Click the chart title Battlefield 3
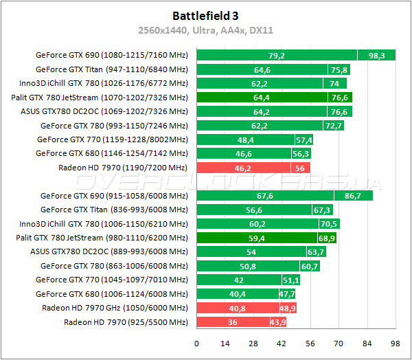pos(205,14)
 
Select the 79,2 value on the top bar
pos(277,55)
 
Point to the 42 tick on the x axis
pos(282,344)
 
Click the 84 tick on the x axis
pos(367,344)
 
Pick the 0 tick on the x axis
pos(197,344)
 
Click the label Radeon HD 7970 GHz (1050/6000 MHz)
pos(115,308)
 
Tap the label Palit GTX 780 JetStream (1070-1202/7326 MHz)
pos(100,98)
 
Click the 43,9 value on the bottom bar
pos(277,322)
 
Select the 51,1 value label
pos(291,280)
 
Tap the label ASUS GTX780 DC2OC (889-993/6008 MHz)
pos(109,251)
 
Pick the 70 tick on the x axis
pos(339,344)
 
